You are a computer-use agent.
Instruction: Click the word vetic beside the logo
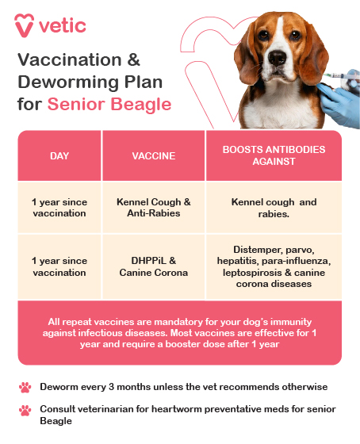click(64, 25)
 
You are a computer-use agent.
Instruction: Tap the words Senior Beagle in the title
click(109, 104)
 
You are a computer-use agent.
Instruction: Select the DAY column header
click(59, 155)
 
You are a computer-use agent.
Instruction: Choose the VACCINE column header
click(153, 155)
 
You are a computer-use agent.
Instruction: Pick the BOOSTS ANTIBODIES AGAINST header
click(274, 155)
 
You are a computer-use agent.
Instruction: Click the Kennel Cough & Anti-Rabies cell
click(153, 208)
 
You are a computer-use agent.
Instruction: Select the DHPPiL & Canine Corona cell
click(153, 266)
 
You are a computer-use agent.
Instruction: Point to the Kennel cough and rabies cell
click(274, 208)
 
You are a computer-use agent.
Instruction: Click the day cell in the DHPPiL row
click(59, 266)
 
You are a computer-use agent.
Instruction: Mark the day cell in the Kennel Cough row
click(59, 208)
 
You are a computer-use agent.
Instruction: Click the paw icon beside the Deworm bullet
click(25, 387)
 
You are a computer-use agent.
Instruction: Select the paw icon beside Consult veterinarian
click(25, 410)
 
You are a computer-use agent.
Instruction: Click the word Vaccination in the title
click(67, 61)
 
